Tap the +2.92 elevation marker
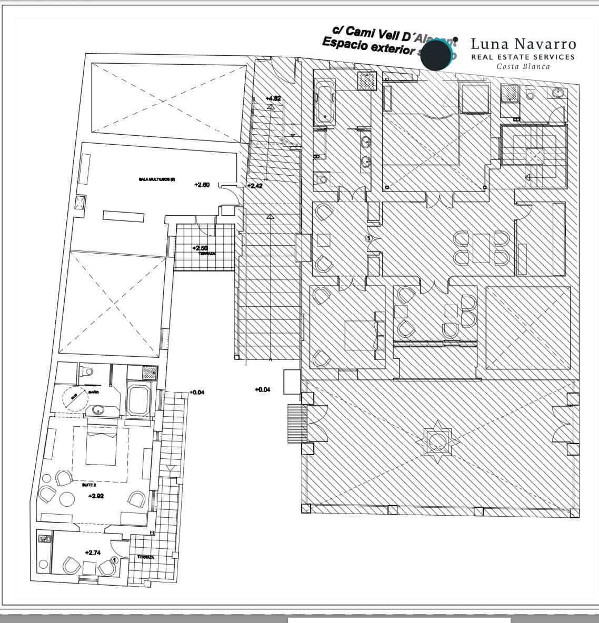coord(96,496)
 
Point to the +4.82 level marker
coord(273,98)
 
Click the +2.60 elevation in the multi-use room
coord(202,185)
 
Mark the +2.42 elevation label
coord(256,186)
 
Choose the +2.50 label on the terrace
coord(201,248)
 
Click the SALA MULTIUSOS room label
coord(157,179)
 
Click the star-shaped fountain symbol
coord(438,439)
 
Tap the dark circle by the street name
coord(436,55)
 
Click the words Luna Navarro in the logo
coord(523,44)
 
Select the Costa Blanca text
coord(523,67)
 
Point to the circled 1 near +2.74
coord(115,561)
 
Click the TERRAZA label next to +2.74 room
coord(145,557)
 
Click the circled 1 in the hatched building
coord(369,238)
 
